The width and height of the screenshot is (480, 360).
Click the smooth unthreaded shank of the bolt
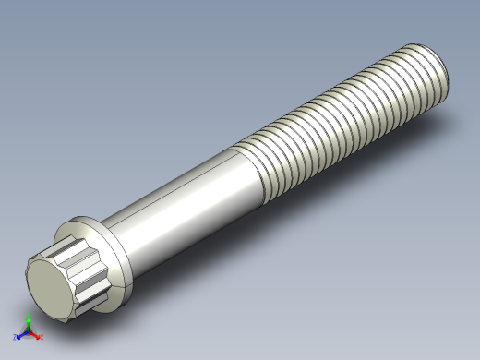point(185,198)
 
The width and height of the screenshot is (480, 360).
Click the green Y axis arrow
point(28,323)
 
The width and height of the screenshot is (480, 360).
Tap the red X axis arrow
point(35,335)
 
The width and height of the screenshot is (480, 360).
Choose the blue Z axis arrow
point(21,335)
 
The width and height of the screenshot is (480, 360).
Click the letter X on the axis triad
point(41,338)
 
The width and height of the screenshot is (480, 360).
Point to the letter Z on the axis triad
point(16,338)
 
